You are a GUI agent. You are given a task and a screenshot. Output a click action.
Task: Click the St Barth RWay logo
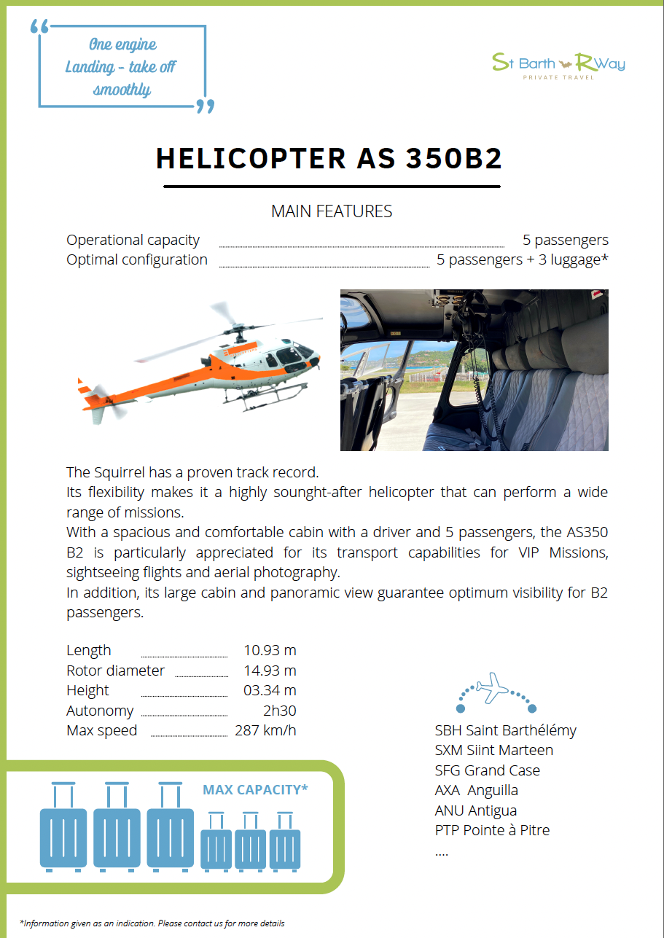pyautogui.click(x=558, y=64)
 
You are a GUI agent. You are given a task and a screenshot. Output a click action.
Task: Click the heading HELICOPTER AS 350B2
pyautogui.click(x=329, y=159)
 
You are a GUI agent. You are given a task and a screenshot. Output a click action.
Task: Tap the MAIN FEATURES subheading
pyautogui.click(x=332, y=211)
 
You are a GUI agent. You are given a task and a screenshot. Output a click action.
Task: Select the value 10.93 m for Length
pyautogui.click(x=270, y=650)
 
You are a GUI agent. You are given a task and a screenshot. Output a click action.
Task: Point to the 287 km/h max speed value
pyautogui.click(x=265, y=730)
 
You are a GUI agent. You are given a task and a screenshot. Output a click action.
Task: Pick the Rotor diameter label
pyautogui.click(x=115, y=671)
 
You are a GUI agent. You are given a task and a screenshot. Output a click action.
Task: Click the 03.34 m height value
pyautogui.click(x=270, y=690)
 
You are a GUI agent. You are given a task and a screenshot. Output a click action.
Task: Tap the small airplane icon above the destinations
pyautogui.click(x=492, y=687)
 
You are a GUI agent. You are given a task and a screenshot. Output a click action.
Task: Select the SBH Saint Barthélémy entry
pyautogui.click(x=505, y=730)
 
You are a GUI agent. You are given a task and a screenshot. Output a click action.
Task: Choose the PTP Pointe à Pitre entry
pyautogui.click(x=492, y=830)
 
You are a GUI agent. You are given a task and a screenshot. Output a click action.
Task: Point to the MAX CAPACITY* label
pyautogui.click(x=255, y=789)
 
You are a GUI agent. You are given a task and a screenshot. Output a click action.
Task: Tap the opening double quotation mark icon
pyautogui.click(x=40, y=27)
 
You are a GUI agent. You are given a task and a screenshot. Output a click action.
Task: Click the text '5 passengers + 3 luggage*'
pyautogui.click(x=522, y=260)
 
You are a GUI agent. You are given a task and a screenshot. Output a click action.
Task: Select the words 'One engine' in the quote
pyautogui.click(x=122, y=44)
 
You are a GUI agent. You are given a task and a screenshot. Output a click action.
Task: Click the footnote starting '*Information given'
pyautogui.click(x=152, y=923)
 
